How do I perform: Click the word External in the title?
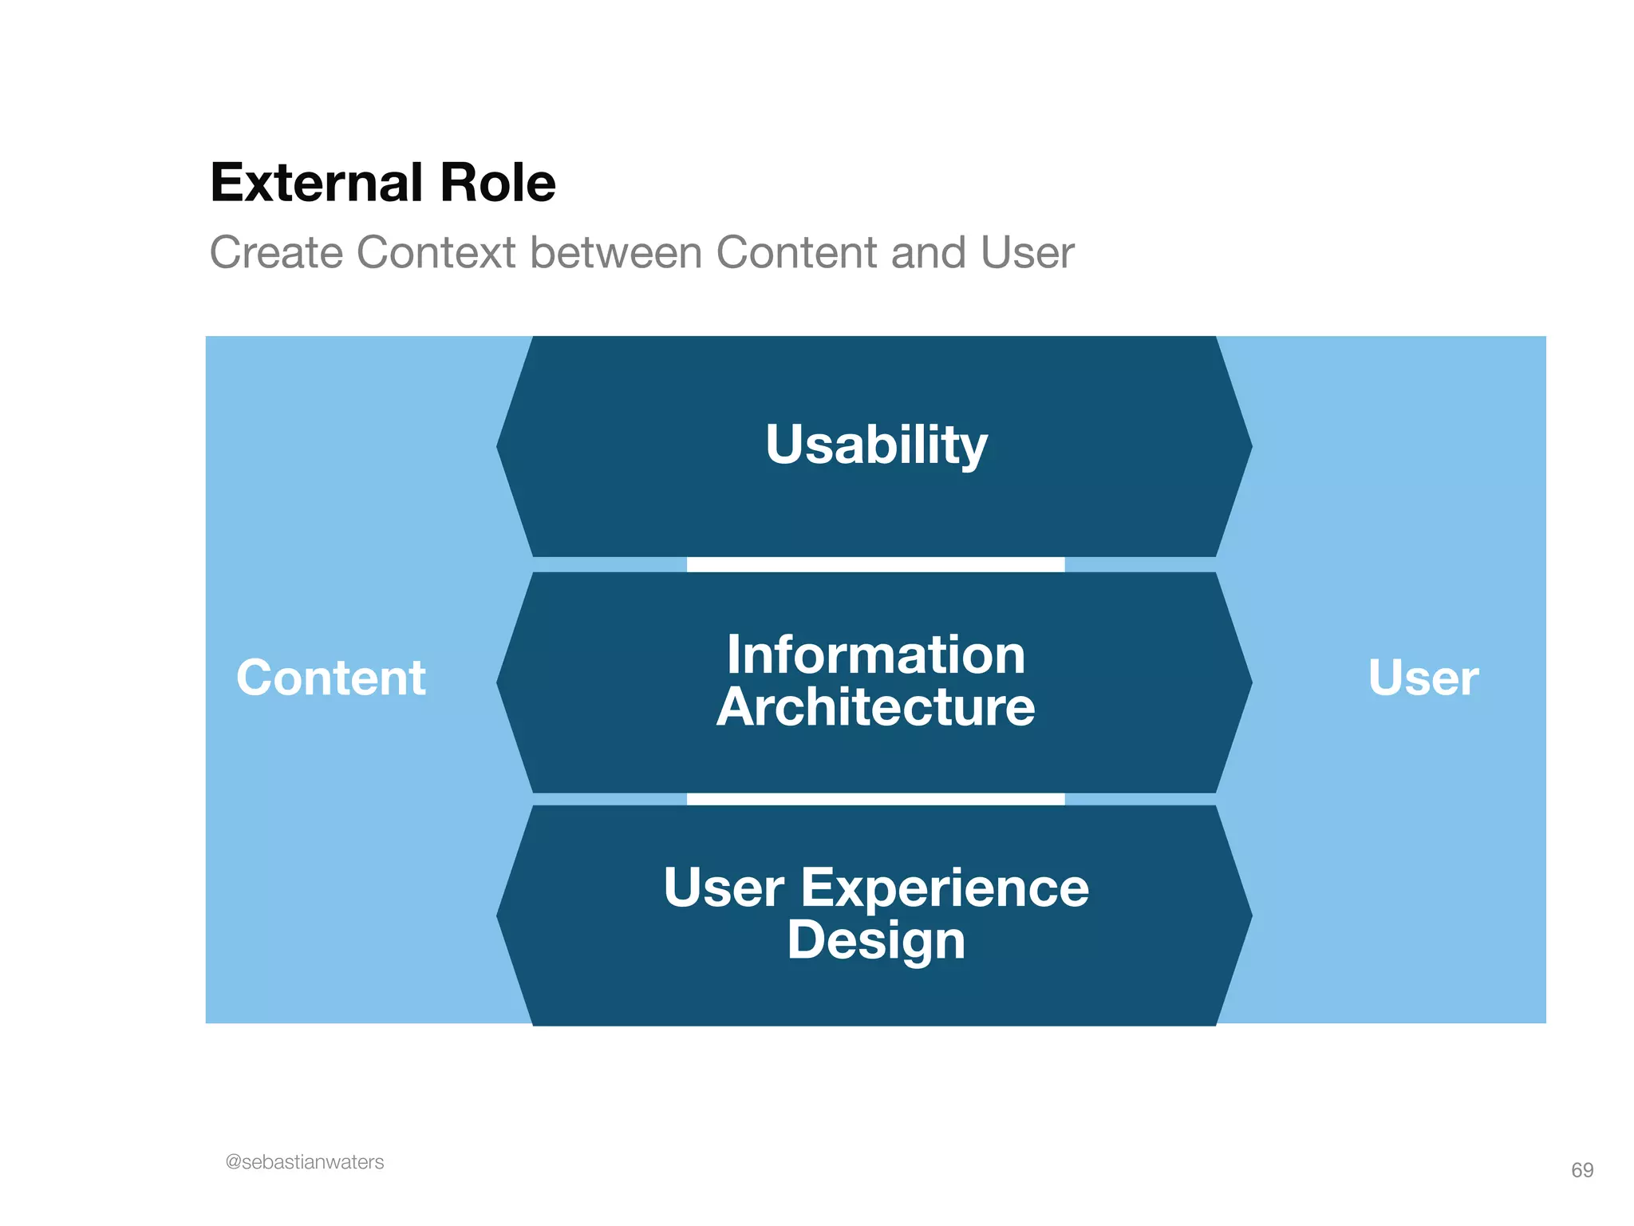315,183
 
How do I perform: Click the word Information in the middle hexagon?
876,655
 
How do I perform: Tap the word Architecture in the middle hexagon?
876,707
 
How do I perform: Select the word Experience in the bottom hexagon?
944,888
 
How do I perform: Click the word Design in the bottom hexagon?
876,939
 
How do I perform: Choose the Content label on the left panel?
331,678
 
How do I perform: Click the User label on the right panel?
1423,678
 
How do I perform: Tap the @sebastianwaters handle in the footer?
305,1162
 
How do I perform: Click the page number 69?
1581,1170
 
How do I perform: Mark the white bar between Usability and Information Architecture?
876,564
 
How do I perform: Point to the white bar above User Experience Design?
876,799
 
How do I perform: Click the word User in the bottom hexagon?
724,888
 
